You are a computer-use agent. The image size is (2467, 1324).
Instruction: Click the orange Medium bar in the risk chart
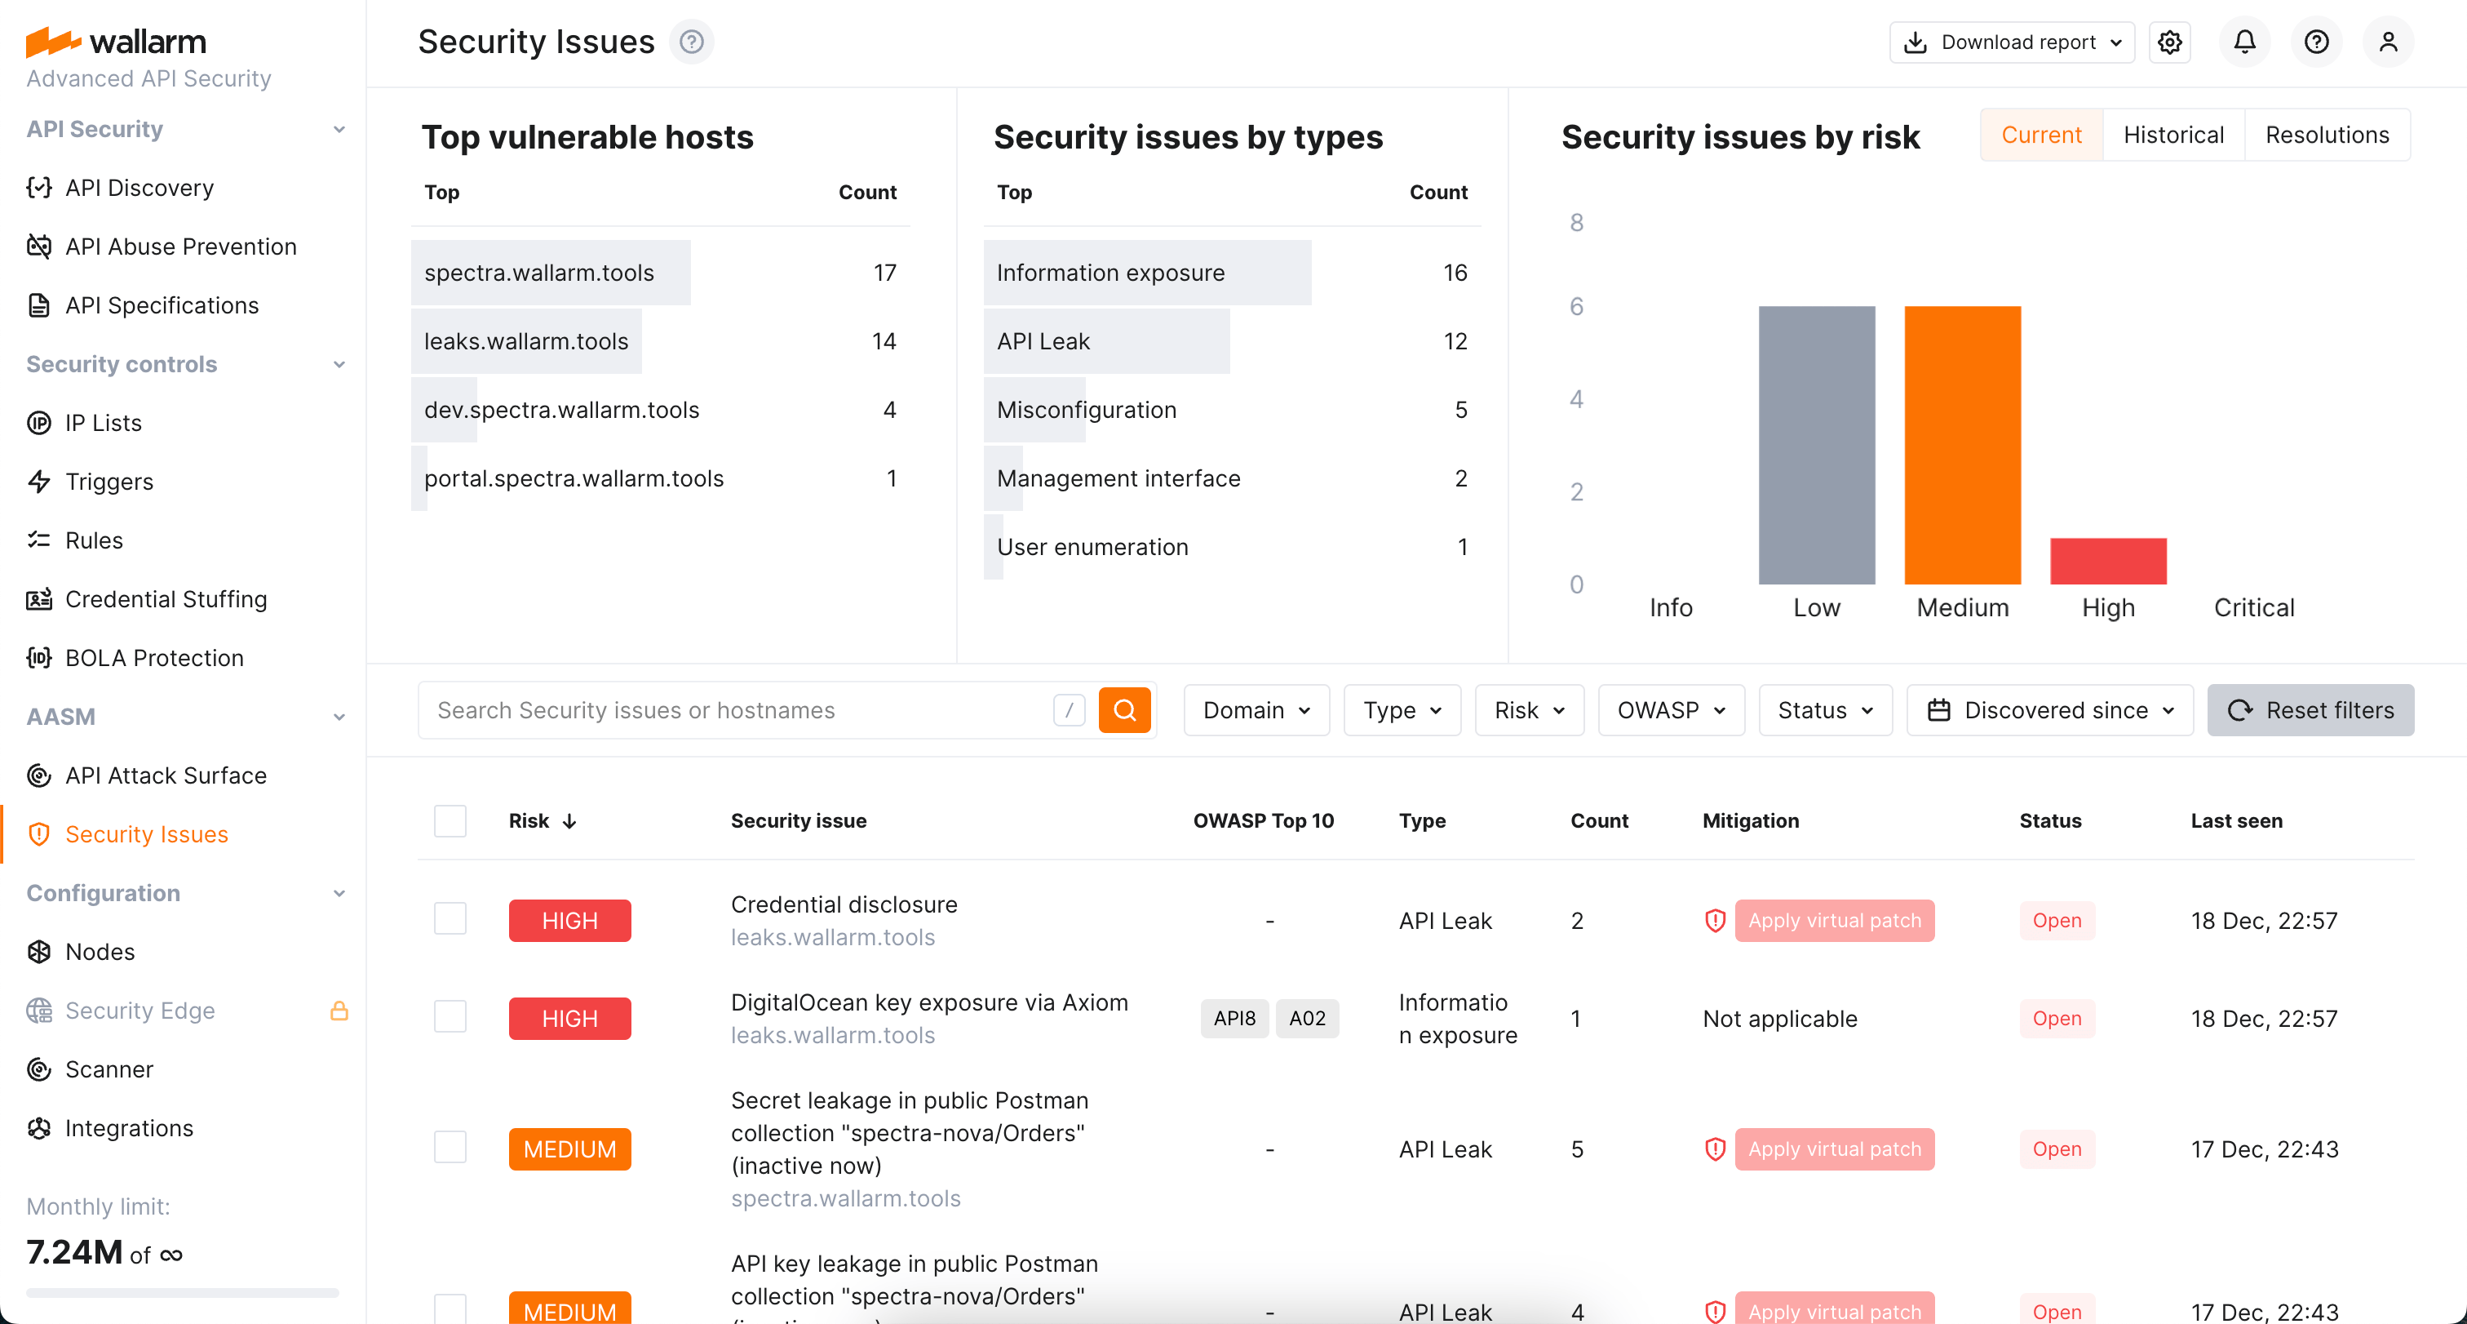tap(1962, 445)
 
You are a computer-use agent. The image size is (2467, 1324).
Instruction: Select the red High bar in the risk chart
tap(2108, 562)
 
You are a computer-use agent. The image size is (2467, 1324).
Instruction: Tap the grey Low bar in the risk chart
tap(1817, 445)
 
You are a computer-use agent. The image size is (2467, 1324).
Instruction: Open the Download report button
tap(2012, 42)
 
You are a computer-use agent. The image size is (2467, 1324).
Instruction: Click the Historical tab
tap(2173, 135)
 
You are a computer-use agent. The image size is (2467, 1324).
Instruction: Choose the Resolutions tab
tap(2326, 135)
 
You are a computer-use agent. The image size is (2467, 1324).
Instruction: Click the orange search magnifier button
tap(1124, 710)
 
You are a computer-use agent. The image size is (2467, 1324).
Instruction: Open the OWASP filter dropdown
tap(1671, 710)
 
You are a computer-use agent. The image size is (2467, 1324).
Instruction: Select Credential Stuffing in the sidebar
tap(166, 599)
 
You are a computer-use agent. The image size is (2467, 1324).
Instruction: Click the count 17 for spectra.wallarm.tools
tap(885, 273)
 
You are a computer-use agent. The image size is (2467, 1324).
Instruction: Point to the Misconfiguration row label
tap(1086, 410)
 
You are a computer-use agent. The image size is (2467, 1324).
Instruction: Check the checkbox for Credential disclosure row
tap(450, 920)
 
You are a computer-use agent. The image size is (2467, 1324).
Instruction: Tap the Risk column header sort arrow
tap(569, 821)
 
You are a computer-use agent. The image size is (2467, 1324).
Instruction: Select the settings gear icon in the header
tap(2170, 42)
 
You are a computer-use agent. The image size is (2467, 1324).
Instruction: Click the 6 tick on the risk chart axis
tap(1576, 307)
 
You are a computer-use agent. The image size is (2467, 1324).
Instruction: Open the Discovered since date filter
tap(2049, 710)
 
